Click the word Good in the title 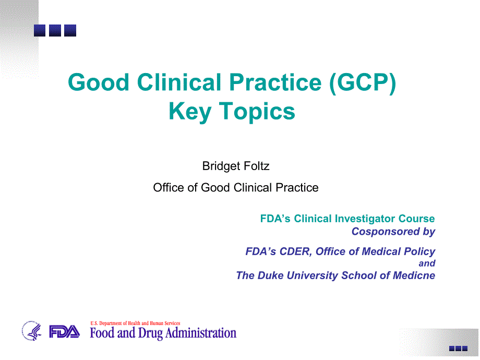click(x=99, y=82)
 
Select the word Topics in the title click(x=257, y=112)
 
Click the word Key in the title click(x=190, y=112)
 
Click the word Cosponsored click(x=386, y=232)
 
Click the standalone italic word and click(x=427, y=263)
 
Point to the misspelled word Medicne click(x=414, y=275)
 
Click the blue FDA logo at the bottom click(x=64, y=332)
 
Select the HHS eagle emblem click(x=31, y=331)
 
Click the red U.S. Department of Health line click(x=135, y=323)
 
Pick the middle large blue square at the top click(x=55, y=31)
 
